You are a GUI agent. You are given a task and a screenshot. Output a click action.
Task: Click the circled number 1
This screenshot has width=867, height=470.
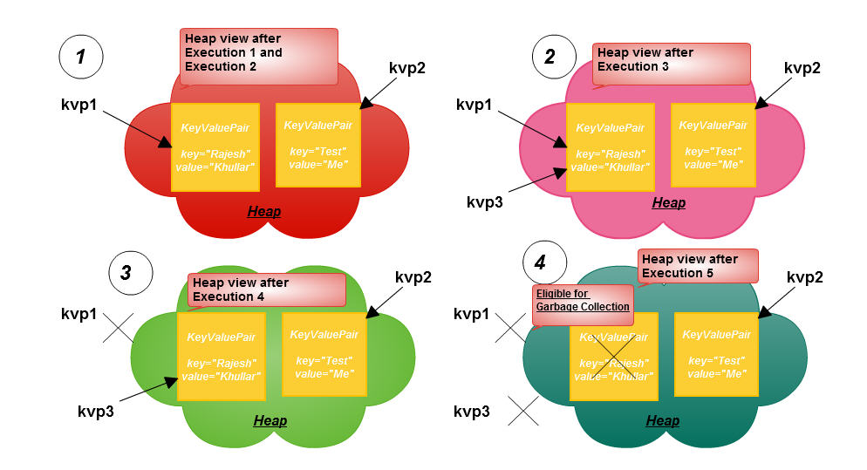click(x=81, y=57)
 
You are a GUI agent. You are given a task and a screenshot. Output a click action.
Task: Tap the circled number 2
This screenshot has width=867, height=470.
click(x=554, y=57)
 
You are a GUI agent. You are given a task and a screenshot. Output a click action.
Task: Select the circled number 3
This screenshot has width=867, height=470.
click(x=131, y=273)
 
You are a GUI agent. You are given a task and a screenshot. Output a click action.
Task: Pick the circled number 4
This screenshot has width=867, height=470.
click(x=544, y=262)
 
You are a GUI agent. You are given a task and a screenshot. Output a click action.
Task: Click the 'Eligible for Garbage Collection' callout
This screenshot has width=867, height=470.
click(x=583, y=304)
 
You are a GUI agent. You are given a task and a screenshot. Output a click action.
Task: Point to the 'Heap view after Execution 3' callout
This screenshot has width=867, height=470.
click(x=672, y=64)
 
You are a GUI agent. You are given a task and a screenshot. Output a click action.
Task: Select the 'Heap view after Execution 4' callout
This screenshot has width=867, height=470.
click(x=267, y=289)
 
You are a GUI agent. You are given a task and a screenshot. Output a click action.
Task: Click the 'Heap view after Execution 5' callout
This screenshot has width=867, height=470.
click(x=698, y=266)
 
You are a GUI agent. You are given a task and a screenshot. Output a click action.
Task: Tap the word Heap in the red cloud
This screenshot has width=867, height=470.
click(x=264, y=211)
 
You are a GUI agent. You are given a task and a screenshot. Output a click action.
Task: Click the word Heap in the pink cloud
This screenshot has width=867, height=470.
click(x=668, y=203)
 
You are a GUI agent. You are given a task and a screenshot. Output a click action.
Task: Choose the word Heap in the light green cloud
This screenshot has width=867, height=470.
click(x=270, y=421)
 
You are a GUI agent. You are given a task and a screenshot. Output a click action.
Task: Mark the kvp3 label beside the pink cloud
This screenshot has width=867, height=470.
click(x=485, y=202)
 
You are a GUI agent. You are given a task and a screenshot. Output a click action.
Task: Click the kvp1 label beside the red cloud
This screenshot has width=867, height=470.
click(x=79, y=105)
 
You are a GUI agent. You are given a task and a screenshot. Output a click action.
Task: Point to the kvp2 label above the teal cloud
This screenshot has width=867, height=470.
click(x=804, y=277)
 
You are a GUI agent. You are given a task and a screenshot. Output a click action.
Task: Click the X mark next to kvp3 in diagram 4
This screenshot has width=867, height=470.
click(x=523, y=411)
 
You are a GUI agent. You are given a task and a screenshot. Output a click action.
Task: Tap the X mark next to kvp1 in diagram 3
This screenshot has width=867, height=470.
click(x=119, y=328)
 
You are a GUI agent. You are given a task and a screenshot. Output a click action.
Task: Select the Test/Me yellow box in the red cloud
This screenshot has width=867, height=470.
click(x=318, y=145)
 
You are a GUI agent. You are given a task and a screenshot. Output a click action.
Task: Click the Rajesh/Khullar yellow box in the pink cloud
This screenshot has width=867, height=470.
click(x=611, y=147)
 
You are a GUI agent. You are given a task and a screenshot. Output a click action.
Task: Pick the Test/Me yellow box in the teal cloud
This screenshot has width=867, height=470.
click(x=716, y=354)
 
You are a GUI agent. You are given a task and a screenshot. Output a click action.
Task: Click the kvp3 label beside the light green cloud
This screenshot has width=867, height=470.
click(x=96, y=412)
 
